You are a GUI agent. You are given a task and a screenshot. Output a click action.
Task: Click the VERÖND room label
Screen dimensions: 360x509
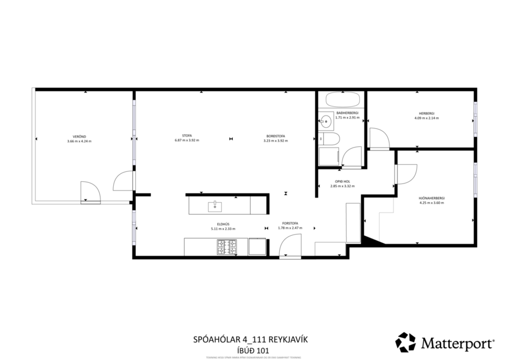(79, 137)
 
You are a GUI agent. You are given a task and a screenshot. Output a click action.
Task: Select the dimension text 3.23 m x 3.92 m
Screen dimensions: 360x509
(274, 141)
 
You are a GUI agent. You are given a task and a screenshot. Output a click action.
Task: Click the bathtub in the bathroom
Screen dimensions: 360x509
(340, 98)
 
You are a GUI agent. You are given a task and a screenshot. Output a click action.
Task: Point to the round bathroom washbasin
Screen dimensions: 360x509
(326, 121)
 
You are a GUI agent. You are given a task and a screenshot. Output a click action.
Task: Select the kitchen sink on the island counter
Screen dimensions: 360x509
(215, 205)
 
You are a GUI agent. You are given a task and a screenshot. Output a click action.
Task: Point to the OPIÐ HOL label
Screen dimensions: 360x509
(342, 182)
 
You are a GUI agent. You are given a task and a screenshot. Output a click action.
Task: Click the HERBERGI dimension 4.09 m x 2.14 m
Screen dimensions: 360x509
(427, 118)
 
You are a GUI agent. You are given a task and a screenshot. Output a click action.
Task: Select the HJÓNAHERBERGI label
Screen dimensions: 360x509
(431, 198)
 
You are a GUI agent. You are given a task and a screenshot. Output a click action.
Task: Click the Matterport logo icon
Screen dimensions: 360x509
(405, 342)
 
